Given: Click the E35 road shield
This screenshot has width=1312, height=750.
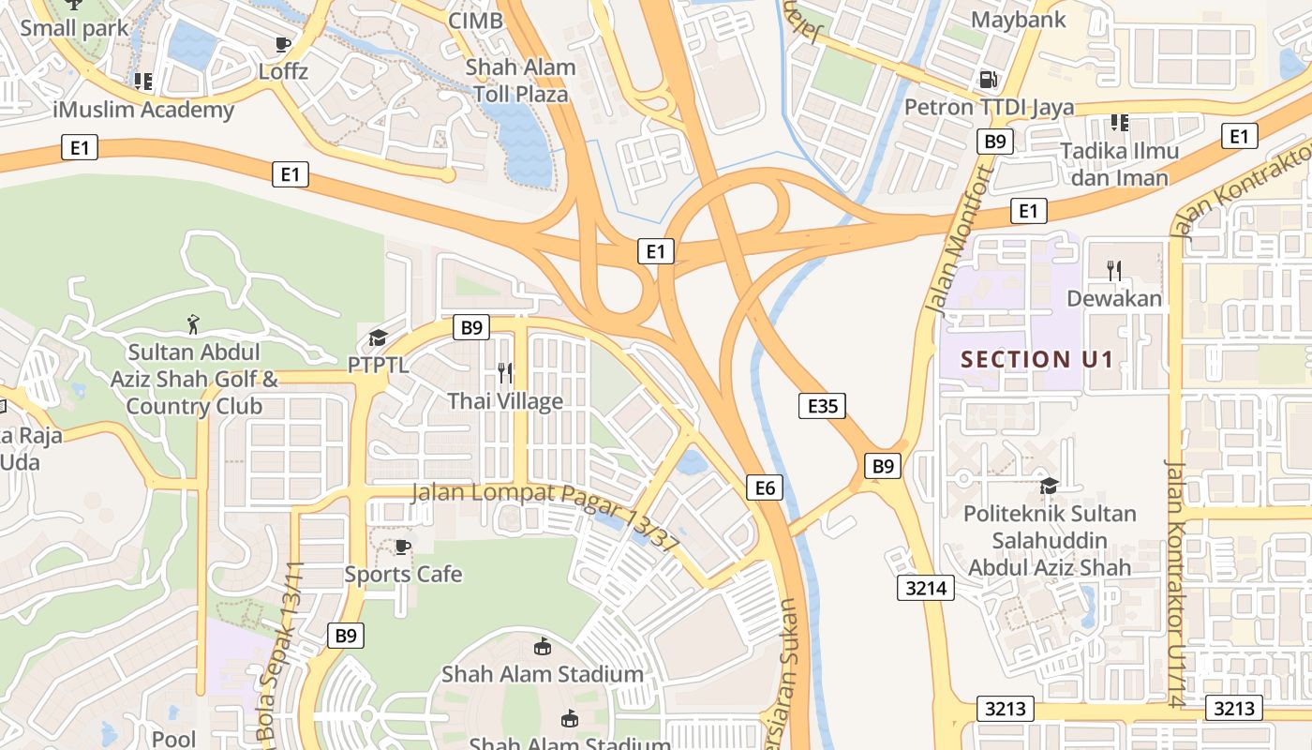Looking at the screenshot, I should pyautogui.click(x=822, y=405).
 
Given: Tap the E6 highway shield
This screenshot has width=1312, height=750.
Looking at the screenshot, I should pyautogui.click(x=765, y=487).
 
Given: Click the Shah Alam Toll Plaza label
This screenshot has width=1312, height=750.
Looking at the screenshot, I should pyautogui.click(x=520, y=81).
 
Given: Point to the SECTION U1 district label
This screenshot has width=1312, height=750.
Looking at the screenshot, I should pyautogui.click(x=1037, y=359).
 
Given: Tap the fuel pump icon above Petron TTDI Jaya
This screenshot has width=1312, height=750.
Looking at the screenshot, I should pyautogui.click(x=988, y=80).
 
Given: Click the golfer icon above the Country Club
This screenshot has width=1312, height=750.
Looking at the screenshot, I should pyautogui.click(x=193, y=324).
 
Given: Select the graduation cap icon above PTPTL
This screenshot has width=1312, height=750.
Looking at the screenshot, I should pyautogui.click(x=378, y=337).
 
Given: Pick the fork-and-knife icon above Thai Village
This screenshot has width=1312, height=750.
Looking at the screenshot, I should pyautogui.click(x=505, y=373).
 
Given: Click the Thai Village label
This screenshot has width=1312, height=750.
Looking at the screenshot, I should pyautogui.click(x=505, y=401).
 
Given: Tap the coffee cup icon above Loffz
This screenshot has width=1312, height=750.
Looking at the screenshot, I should pyautogui.click(x=283, y=44).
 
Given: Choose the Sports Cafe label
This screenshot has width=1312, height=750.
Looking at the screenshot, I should pyautogui.click(x=403, y=574).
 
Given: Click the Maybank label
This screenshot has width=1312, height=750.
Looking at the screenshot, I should pyautogui.click(x=1018, y=20).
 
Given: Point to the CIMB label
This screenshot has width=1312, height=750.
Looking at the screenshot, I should pyautogui.click(x=475, y=21).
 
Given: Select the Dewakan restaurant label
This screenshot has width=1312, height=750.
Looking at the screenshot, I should pyautogui.click(x=1114, y=299).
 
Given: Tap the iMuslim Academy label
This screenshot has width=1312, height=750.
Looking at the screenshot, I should pyautogui.click(x=143, y=110).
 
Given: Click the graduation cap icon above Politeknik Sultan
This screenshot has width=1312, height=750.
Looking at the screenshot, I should pyautogui.click(x=1049, y=486).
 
